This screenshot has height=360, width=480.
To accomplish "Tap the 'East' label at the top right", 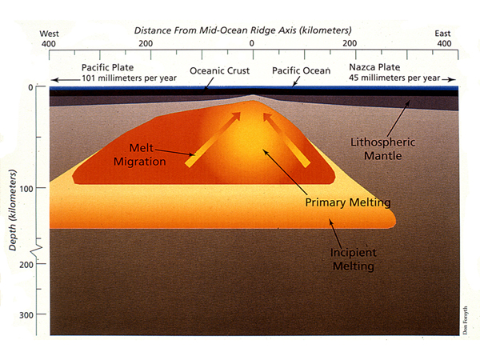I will (x=442, y=34).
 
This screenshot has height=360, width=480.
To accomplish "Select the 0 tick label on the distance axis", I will (x=252, y=43).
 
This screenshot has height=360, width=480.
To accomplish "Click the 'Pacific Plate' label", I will (x=107, y=68).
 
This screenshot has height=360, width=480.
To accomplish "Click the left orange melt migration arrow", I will (x=212, y=139).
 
